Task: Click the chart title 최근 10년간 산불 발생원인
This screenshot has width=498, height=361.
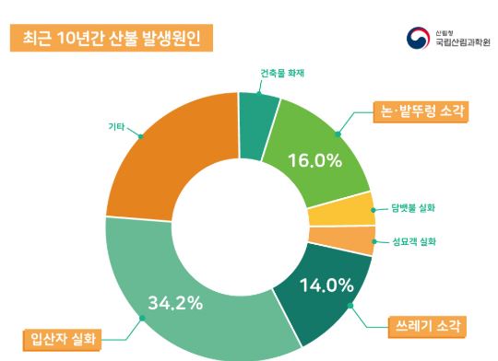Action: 110,39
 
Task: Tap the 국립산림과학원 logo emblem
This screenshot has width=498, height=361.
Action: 416,38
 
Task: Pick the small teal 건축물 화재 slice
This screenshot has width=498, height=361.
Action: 258,111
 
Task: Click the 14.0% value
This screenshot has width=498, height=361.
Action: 327,285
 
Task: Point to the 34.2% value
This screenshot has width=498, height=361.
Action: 175,302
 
